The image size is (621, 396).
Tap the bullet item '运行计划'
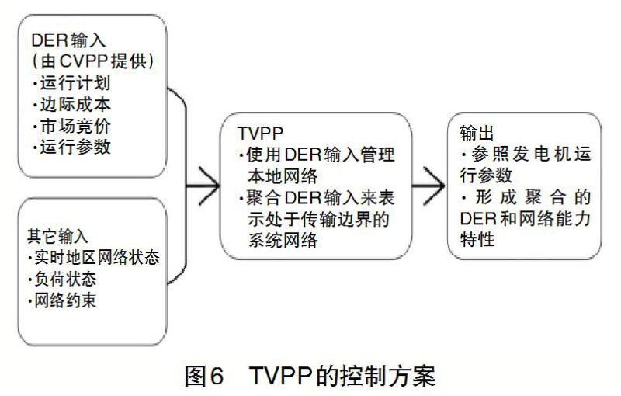[73, 83]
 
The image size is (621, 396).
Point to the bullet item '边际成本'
[73, 104]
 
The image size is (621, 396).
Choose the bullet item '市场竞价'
[73, 125]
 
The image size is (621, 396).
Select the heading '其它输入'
[56, 235]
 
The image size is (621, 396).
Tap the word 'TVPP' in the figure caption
[280, 376]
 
